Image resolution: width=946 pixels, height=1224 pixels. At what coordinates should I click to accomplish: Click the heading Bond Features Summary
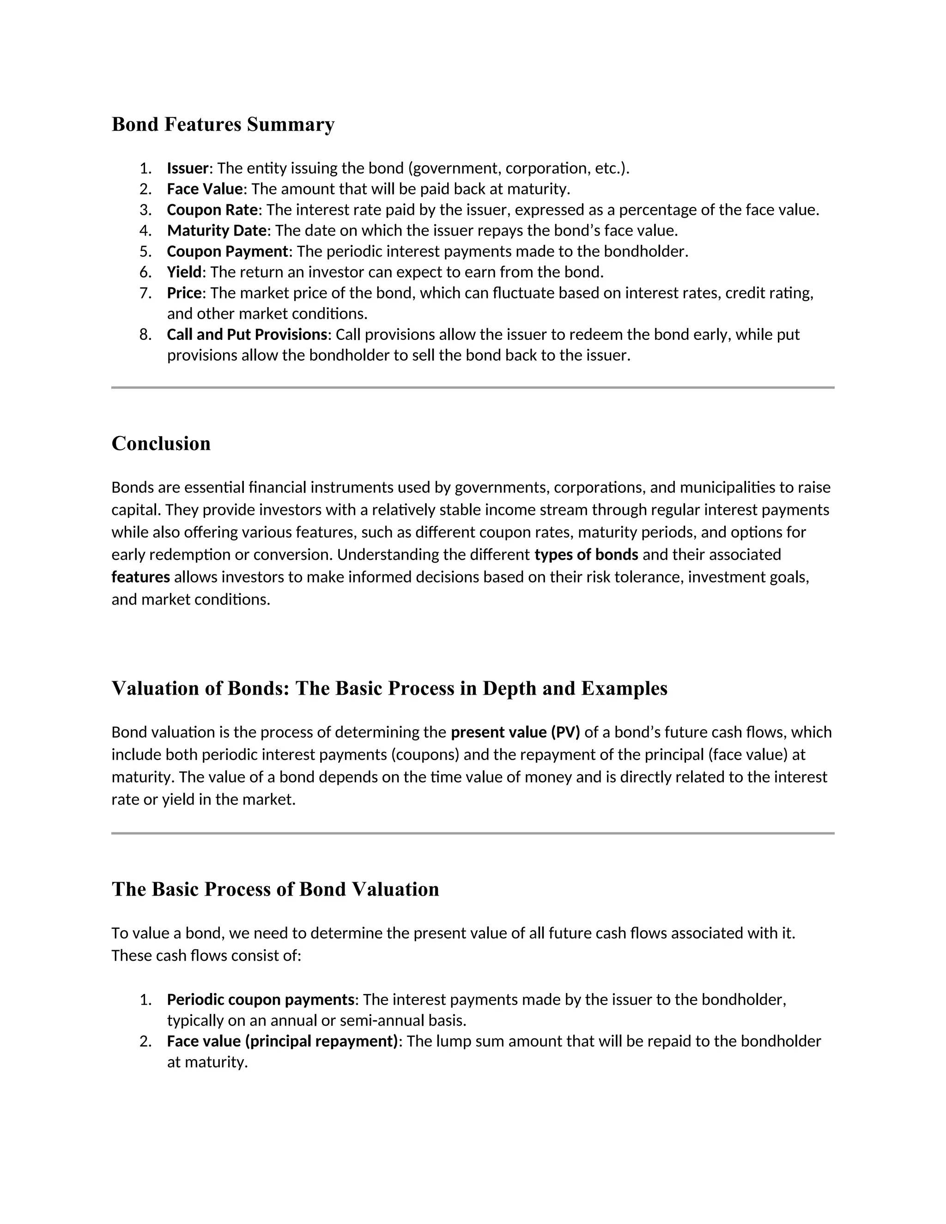223,124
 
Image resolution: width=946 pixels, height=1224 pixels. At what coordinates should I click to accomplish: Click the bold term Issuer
187,168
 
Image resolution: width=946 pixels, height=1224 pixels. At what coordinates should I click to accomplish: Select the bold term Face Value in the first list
205,189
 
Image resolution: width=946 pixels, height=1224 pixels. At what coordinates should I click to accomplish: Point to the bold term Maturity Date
216,230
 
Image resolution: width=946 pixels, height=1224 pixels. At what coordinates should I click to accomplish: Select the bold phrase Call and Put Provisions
247,334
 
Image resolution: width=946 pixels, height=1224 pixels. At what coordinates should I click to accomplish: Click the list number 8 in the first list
145,334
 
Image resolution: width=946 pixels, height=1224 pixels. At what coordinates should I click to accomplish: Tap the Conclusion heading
161,443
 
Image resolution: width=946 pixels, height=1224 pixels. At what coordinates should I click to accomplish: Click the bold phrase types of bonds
586,554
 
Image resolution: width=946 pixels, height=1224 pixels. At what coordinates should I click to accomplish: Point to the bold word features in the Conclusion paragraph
141,577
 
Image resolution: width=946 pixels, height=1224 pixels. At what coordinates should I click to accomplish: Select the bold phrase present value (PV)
515,732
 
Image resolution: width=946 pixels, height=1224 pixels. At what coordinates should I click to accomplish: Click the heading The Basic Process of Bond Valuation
275,889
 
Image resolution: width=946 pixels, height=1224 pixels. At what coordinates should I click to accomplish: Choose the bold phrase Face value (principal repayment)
282,1041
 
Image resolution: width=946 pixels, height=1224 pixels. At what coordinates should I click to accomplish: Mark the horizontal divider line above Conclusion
473,387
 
